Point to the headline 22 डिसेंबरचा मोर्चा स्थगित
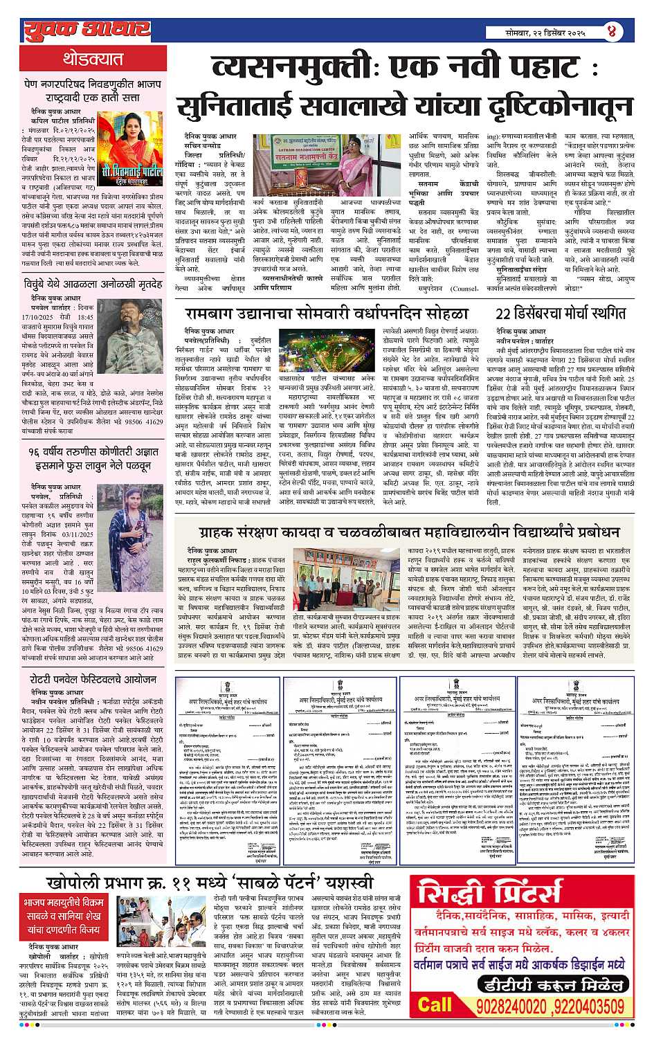click(x=561, y=314)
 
